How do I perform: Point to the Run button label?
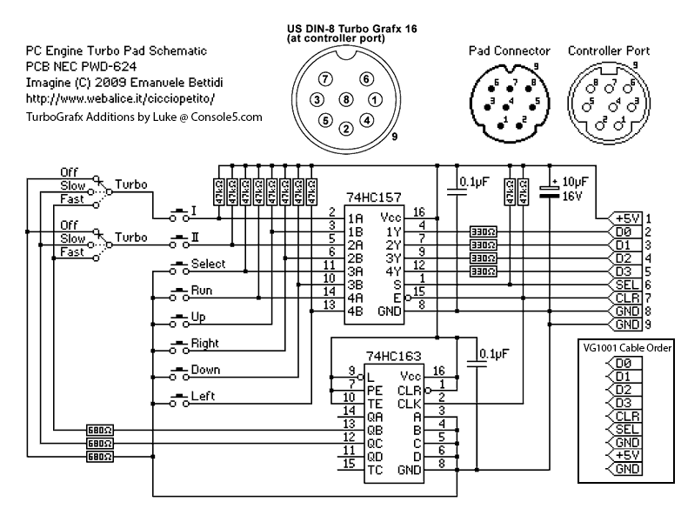click(202, 291)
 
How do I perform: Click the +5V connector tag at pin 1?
click(626, 218)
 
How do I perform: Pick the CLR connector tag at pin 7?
click(626, 298)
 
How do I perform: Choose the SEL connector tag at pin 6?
click(626, 284)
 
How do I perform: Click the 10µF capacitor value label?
click(576, 181)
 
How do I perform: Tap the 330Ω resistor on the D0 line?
click(483, 232)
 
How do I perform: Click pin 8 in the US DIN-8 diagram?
click(345, 100)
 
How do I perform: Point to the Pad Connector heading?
click(508, 51)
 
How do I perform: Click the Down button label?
click(205, 371)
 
